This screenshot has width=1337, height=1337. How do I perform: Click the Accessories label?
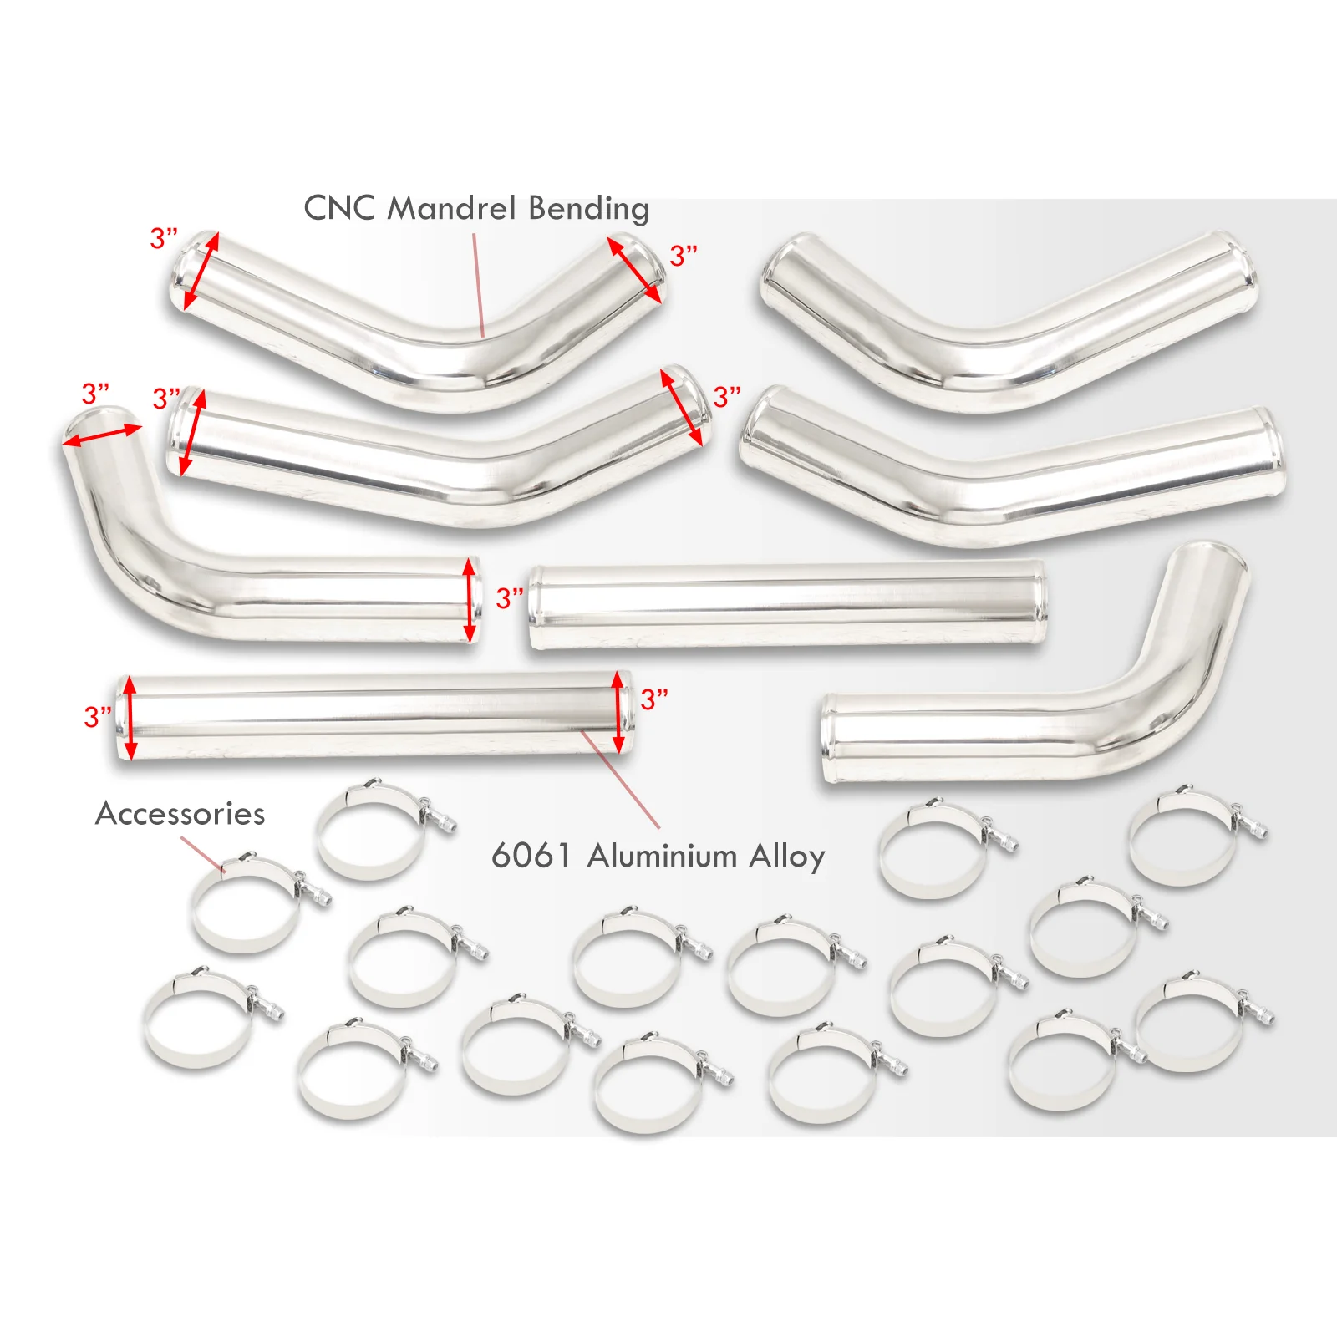(x=180, y=814)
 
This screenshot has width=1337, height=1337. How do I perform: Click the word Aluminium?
(x=663, y=856)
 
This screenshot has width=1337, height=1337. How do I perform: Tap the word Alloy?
(x=787, y=857)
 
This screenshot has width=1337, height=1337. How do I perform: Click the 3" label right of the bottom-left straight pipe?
(x=654, y=699)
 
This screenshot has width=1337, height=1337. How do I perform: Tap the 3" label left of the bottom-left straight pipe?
(x=98, y=716)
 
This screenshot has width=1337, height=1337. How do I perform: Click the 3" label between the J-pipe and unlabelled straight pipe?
(x=510, y=598)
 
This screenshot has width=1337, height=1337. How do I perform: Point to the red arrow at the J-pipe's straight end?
(x=470, y=600)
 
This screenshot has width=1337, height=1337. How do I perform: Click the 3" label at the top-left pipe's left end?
(x=164, y=238)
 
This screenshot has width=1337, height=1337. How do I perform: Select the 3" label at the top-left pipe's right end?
(x=684, y=256)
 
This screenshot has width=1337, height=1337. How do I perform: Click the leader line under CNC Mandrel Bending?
(x=479, y=285)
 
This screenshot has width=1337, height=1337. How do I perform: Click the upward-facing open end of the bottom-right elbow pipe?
(x=1212, y=555)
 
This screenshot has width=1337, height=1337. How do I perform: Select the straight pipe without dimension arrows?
(x=787, y=606)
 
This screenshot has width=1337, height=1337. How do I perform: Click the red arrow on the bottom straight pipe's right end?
(x=618, y=711)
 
